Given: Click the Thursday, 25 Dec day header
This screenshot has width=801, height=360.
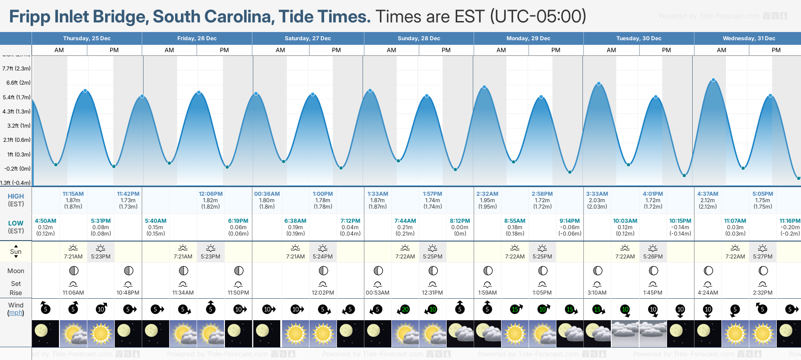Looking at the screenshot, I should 87,38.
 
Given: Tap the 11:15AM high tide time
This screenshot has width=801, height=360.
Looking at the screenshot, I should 73,194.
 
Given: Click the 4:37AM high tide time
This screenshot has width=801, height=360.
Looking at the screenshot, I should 707,194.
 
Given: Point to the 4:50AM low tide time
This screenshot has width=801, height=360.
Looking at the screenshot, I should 46,221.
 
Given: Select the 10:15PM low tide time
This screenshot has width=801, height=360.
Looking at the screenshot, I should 680,221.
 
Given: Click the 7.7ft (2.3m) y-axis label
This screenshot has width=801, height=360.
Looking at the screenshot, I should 16,69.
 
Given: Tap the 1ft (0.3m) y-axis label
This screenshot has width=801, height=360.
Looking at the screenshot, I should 19,155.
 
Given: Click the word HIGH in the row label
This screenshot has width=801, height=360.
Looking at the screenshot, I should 16,196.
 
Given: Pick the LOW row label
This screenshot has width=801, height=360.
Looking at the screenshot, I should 16,223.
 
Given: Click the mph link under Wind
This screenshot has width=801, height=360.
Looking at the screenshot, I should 16,313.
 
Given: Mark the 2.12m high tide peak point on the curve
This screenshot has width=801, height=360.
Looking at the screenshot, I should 713,81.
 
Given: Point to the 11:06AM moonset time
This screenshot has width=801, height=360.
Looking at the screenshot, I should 73,293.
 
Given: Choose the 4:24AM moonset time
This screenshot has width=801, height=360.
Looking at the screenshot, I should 707,293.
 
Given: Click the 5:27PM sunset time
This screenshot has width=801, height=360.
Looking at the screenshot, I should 763,257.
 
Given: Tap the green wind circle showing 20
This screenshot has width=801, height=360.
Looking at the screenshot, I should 405,310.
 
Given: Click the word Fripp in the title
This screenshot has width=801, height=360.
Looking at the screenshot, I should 29,16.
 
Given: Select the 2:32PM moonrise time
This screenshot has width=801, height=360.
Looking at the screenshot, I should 763,293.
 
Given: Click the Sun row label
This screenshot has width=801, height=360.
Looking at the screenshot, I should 16,252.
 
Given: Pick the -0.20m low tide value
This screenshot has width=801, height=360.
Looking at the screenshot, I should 790,227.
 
